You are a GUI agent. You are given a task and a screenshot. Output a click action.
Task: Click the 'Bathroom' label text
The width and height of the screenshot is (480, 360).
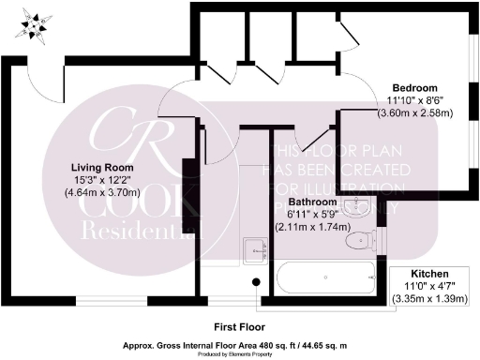tap(315, 202)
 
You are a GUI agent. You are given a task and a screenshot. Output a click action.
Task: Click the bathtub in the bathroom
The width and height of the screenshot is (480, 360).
tap(323, 278)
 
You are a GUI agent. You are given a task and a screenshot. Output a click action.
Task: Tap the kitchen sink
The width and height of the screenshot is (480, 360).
tap(254, 250)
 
